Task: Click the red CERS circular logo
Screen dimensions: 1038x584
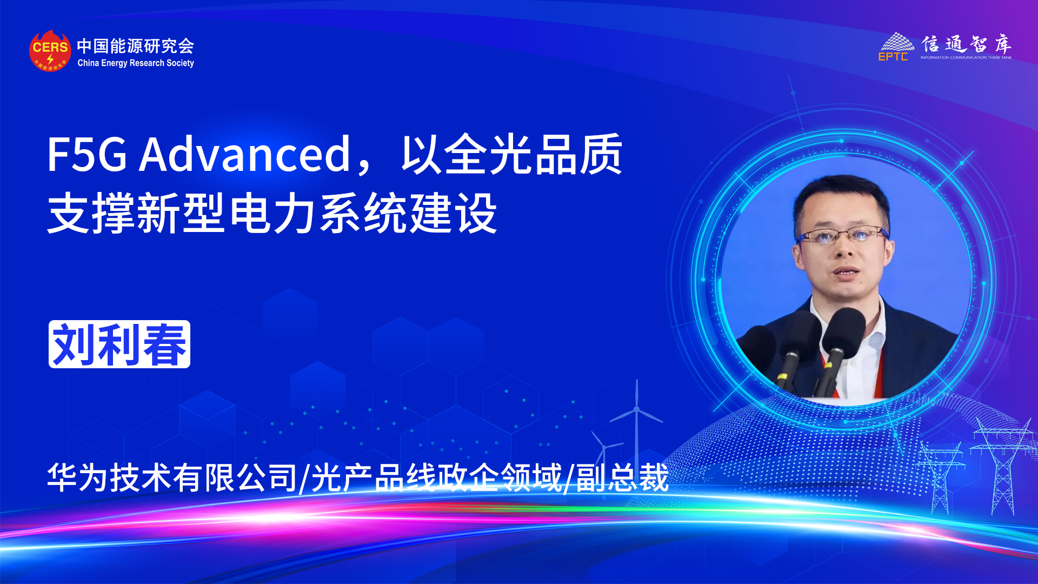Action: (50, 51)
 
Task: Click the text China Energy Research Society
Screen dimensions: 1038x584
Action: (136, 63)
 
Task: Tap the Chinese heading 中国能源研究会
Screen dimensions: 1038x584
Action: (135, 46)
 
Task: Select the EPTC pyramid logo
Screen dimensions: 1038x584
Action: (896, 47)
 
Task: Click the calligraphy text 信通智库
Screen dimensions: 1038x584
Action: (966, 44)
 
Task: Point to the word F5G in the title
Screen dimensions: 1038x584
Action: (87, 155)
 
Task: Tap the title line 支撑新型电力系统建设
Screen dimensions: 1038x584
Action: (272, 214)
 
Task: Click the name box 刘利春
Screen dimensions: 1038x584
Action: (119, 344)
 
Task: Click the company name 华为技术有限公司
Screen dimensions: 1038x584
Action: (172, 478)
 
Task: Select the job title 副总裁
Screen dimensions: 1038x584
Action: (622, 478)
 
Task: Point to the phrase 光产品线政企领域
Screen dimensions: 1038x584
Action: (436, 478)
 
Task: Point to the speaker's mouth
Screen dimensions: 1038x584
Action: (846, 272)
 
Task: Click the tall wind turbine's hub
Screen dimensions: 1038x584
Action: (637, 409)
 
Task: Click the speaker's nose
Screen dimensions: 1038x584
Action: (844, 249)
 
